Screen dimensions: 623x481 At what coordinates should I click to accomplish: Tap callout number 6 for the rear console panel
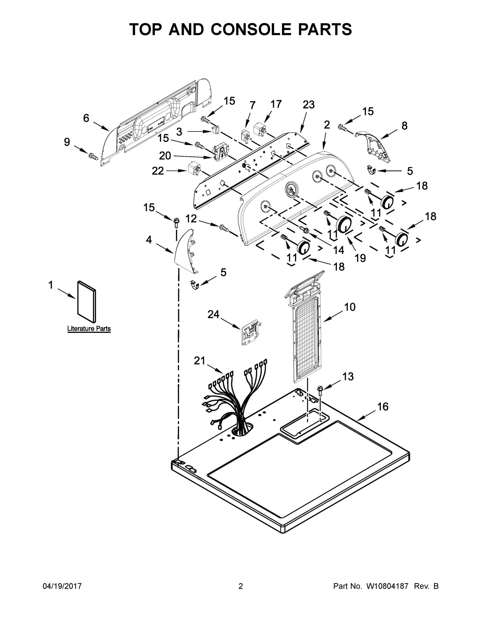[x=86, y=118]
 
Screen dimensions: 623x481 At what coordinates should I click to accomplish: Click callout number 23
[x=308, y=105]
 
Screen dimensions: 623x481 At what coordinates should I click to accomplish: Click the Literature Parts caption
[x=89, y=329]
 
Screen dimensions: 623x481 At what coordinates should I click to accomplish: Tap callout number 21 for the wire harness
[x=199, y=361]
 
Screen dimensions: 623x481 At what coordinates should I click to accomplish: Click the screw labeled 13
[x=320, y=390]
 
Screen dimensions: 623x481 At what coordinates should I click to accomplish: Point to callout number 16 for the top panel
[x=383, y=407]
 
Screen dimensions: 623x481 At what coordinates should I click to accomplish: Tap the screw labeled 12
[x=224, y=228]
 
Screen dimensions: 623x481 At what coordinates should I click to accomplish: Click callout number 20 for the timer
[x=165, y=156]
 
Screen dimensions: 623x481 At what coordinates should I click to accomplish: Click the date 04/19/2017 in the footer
[x=62, y=586]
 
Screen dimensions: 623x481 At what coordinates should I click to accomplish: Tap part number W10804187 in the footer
[x=387, y=586]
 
